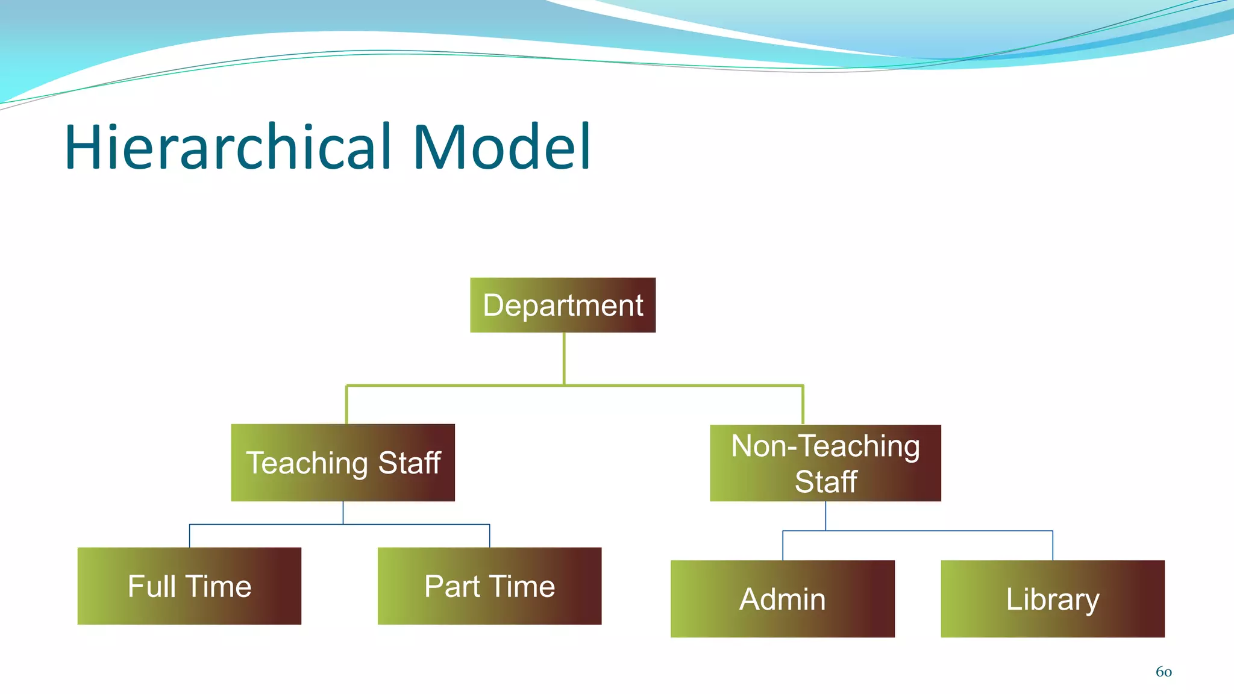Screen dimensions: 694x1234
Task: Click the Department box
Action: pyautogui.click(x=562, y=305)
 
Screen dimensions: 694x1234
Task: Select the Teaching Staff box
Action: pyautogui.click(x=343, y=463)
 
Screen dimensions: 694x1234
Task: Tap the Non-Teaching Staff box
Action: pyautogui.click(x=825, y=463)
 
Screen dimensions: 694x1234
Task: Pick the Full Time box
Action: pyautogui.click(x=189, y=586)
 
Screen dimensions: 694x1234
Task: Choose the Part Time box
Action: pyautogui.click(x=489, y=586)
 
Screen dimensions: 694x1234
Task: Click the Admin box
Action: pyautogui.click(x=782, y=599)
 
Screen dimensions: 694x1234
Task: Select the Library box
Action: pyautogui.click(x=1052, y=599)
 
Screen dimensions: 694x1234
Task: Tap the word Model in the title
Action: pyautogui.click(x=501, y=147)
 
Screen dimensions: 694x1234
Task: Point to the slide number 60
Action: pyautogui.click(x=1164, y=672)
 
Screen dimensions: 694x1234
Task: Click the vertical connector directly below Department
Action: pyautogui.click(x=564, y=358)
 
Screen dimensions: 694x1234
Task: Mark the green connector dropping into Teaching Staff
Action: pyautogui.click(x=346, y=405)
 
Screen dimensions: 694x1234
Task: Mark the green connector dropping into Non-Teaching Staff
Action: pyautogui.click(x=803, y=405)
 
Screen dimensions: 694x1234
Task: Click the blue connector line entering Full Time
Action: pyautogui.click(x=190, y=536)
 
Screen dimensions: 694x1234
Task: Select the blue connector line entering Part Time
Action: pyautogui.click(x=489, y=536)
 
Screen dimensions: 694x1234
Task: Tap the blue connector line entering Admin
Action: pyautogui.click(x=783, y=546)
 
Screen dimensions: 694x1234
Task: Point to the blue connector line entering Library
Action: pyautogui.click(x=1053, y=546)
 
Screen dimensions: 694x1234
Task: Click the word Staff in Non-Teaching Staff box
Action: pyautogui.click(x=825, y=482)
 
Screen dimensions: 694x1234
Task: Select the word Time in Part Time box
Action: pyautogui.click(x=522, y=586)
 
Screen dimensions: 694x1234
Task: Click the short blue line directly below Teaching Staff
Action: pyautogui.click(x=343, y=513)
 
